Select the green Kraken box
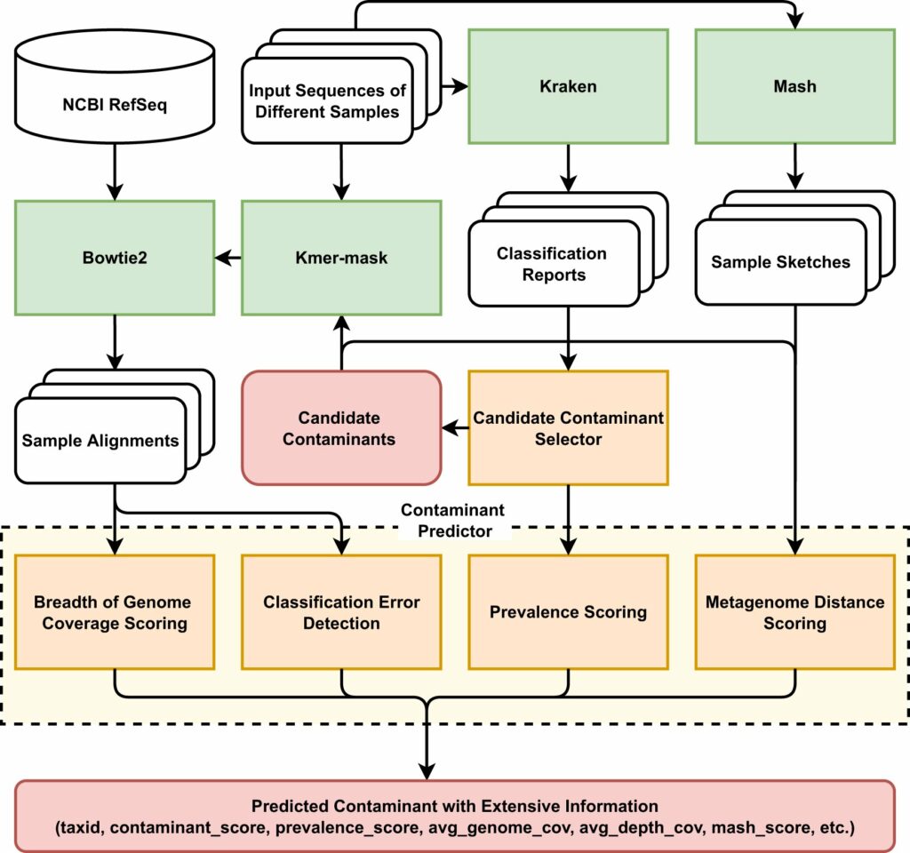pyautogui.click(x=568, y=86)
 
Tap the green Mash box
pyautogui.click(x=794, y=86)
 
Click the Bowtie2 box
pyautogui.click(x=114, y=258)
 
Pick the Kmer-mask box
pyautogui.click(x=341, y=258)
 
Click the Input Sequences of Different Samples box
pyautogui.click(x=327, y=101)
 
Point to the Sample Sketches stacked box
pyautogui.click(x=780, y=262)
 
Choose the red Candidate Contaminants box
pyautogui.click(x=341, y=428)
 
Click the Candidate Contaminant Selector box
pyautogui.click(x=568, y=428)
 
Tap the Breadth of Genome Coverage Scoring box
pyautogui.click(x=114, y=612)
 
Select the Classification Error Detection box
pyautogui.click(x=341, y=612)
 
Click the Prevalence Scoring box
pyautogui.click(x=568, y=612)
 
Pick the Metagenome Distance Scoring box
pyautogui.click(x=794, y=612)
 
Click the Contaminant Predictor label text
pyautogui.click(x=452, y=521)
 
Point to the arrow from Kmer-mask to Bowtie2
pyautogui.click(x=228, y=258)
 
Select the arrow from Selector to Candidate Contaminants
pyautogui.click(x=455, y=428)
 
